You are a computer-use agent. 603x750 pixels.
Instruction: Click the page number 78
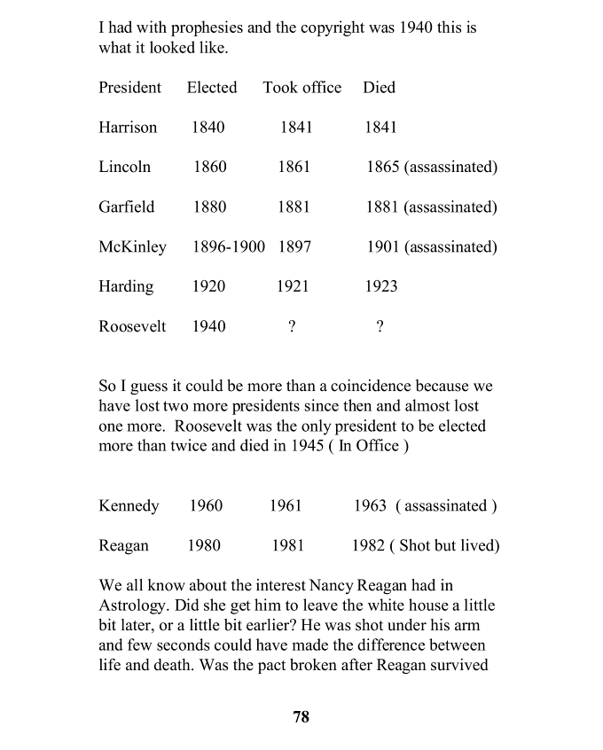301,717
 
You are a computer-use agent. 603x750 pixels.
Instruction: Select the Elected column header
212,88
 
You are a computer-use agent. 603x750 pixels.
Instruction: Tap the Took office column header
301,88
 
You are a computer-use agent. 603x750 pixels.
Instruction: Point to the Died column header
379,88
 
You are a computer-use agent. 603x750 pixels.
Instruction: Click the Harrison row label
128,128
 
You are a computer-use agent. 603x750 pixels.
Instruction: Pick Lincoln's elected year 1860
210,168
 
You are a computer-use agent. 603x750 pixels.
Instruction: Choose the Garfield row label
126,207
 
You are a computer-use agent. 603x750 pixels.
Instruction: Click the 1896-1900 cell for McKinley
229,247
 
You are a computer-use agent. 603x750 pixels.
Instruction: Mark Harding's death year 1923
381,287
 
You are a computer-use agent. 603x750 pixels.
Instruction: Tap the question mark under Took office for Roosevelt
292,327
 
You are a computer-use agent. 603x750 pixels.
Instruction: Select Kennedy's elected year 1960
206,506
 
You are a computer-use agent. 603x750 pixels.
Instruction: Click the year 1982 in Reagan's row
368,546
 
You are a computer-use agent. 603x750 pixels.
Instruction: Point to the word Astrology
132,605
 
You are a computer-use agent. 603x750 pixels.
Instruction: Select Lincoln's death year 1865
383,168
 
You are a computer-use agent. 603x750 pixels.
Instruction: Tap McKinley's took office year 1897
294,247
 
